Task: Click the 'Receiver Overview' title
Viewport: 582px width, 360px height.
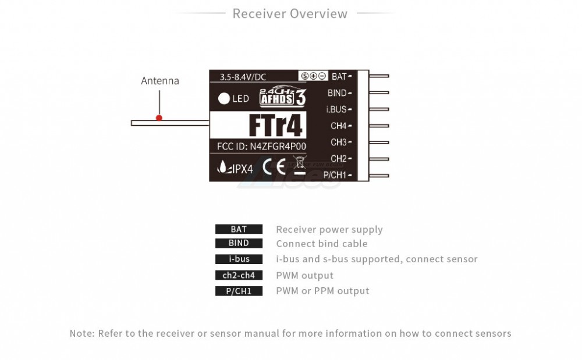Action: [290, 13]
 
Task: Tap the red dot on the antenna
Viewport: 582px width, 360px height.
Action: [159, 117]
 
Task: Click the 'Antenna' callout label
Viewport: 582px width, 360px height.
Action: [160, 81]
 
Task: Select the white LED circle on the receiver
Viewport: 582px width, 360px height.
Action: [224, 98]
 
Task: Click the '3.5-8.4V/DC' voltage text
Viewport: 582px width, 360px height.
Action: [244, 77]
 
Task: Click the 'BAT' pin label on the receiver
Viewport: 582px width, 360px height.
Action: [339, 76]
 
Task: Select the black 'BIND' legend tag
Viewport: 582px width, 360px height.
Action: [239, 244]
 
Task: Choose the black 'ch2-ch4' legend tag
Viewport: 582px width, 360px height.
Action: [239, 276]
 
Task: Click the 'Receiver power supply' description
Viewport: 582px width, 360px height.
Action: [329, 230]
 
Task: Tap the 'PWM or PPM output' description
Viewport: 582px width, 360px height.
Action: [322, 291]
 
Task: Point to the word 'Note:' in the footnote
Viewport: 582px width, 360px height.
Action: [81, 333]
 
